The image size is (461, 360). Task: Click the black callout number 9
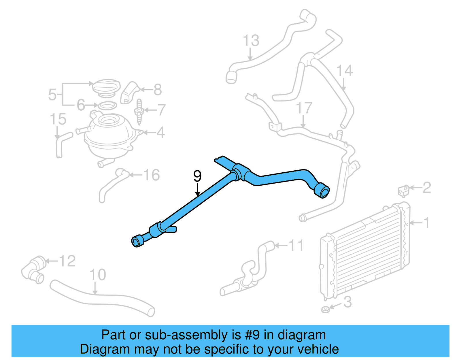pyautogui.click(x=197, y=176)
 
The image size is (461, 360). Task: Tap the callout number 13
pyautogui.click(x=251, y=41)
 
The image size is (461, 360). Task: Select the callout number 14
pyautogui.click(x=345, y=71)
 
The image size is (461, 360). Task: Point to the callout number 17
pyautogui.click(x=304, y=108)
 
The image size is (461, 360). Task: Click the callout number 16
pyautogui.click(x=151, y=175)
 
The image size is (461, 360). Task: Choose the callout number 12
pyautogui.click(x=67, y=261)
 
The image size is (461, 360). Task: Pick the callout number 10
pyautogui.click(x=98, y=275)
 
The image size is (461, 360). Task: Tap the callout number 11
pyautogui.click(x=296, y=246)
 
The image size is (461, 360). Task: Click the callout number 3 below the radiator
pyautogui.click(x=348, y=302)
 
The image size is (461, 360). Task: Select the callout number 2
pyautogui.click(x=427, y=188)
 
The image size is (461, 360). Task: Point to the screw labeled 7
pyautogui.click(x=139, y=112)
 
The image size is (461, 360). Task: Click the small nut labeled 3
pyautogui.click(x=326, y=310)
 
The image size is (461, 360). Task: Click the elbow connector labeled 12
pyautogui.click(x=33, y=269)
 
